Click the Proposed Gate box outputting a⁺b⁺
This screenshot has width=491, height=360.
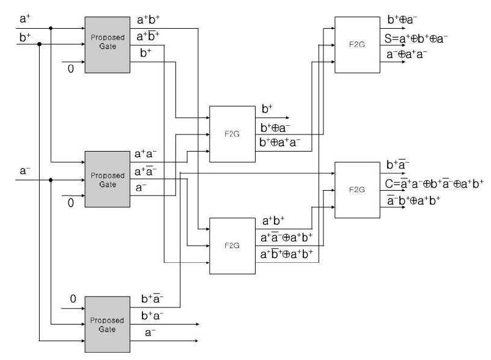coord(108,45)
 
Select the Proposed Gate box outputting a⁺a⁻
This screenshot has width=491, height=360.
coord(108,179)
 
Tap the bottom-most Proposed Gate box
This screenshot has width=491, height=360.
coord(108,325)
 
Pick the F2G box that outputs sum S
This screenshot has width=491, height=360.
coord(357,45)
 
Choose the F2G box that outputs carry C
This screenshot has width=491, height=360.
coord(357,190)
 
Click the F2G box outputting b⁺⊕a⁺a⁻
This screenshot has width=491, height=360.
coord(232,134)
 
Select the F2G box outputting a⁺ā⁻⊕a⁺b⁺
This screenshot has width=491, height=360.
coord(232,246)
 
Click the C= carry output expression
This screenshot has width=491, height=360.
coord(434,183)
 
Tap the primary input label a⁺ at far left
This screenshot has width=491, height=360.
coord(24,18)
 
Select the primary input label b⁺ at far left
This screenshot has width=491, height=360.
coord(24,37)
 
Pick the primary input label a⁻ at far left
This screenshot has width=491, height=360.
coord(24,171)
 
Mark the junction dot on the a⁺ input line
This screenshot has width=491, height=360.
coord(51,28)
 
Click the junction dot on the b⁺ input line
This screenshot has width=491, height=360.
coord(40,44)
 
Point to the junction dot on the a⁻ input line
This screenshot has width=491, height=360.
coord(51,180)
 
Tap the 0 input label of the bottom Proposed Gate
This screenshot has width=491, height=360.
coord(73,299)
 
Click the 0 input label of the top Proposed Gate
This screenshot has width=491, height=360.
coord(71,68)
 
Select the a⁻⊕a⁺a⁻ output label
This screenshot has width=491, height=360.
coord(407,54)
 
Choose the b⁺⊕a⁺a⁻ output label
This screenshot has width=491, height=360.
coord(279,142)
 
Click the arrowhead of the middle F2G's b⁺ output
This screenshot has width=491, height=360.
coord(287,118)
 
